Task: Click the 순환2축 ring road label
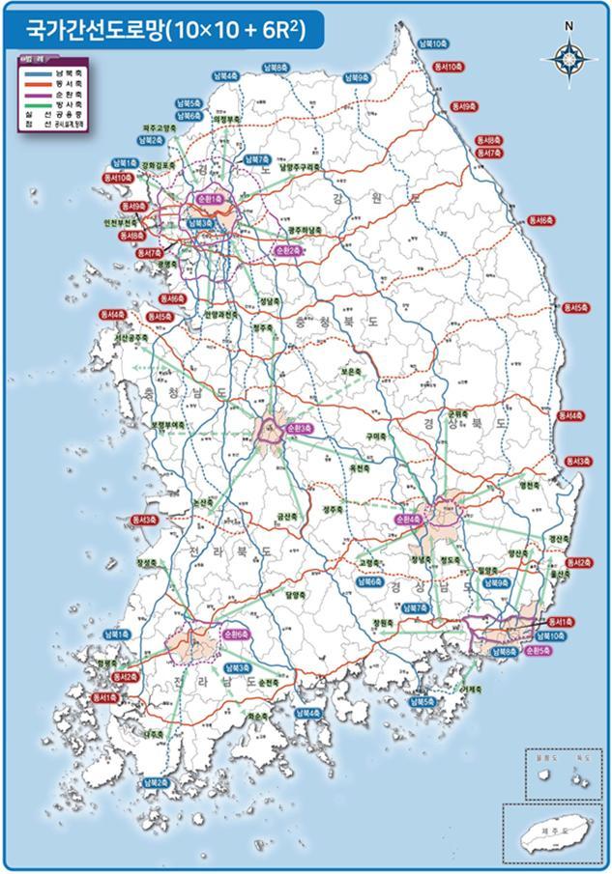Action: point(288,250)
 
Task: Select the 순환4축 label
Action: point(408,520)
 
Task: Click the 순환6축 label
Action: point(235,634)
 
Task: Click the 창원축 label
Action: point(384,623)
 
